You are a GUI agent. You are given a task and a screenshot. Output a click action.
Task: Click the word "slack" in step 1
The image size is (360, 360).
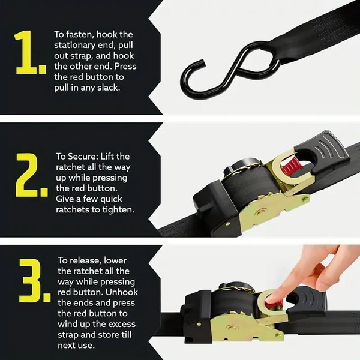click(x=107, y=87)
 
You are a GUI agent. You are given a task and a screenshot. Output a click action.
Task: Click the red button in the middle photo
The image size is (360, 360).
click(x=291, y=164)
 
